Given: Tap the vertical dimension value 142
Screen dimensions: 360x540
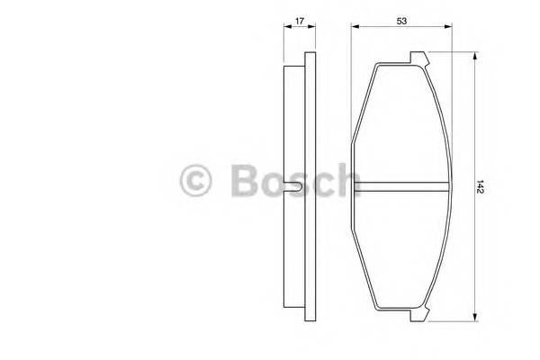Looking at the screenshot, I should click(x=483, y=187).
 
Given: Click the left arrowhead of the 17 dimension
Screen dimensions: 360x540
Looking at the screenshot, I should click(x=287, y=27).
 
